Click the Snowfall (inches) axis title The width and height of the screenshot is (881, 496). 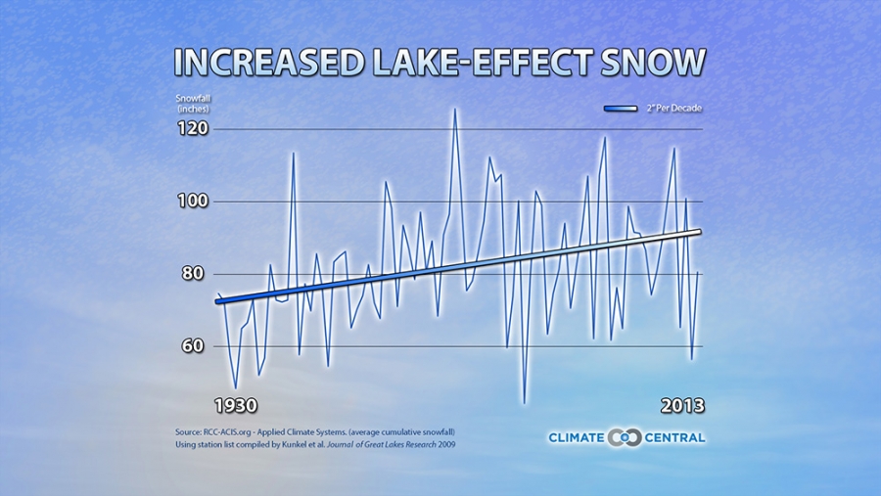coord(194,103)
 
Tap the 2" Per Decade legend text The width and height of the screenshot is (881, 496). coord(674,109)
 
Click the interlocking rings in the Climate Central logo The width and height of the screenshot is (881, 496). coord(624,437)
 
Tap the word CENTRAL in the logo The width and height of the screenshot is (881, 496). coord(673,437)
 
